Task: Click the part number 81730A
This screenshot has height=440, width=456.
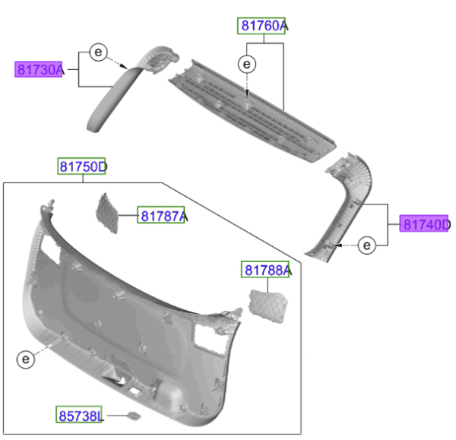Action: pos(40,70)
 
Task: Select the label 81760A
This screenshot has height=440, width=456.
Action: pos(261,26)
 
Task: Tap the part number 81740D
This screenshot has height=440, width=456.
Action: pos(426,224)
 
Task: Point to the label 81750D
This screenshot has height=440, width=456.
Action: pos(83,166)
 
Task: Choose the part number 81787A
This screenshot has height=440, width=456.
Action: pos(162,217)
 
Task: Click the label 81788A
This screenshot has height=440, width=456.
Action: pos(267,270)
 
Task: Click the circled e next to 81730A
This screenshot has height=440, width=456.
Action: pos(98,52)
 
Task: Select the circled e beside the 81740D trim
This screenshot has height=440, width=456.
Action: pos(367,245)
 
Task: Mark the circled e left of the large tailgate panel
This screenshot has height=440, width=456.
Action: pos(25,358)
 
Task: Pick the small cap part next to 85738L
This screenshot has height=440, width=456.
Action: pos(133,416)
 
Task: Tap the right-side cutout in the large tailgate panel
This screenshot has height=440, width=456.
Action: pos(209,334)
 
